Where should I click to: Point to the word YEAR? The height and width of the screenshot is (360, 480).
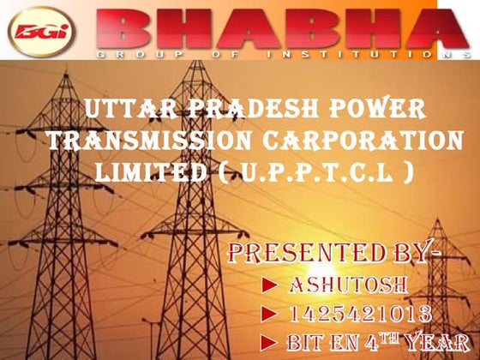click(x=438, y=341)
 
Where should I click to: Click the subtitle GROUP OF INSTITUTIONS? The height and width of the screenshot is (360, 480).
click(x=274, y=53)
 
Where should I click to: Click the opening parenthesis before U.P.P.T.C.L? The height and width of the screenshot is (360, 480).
click(x=225, y=170)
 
